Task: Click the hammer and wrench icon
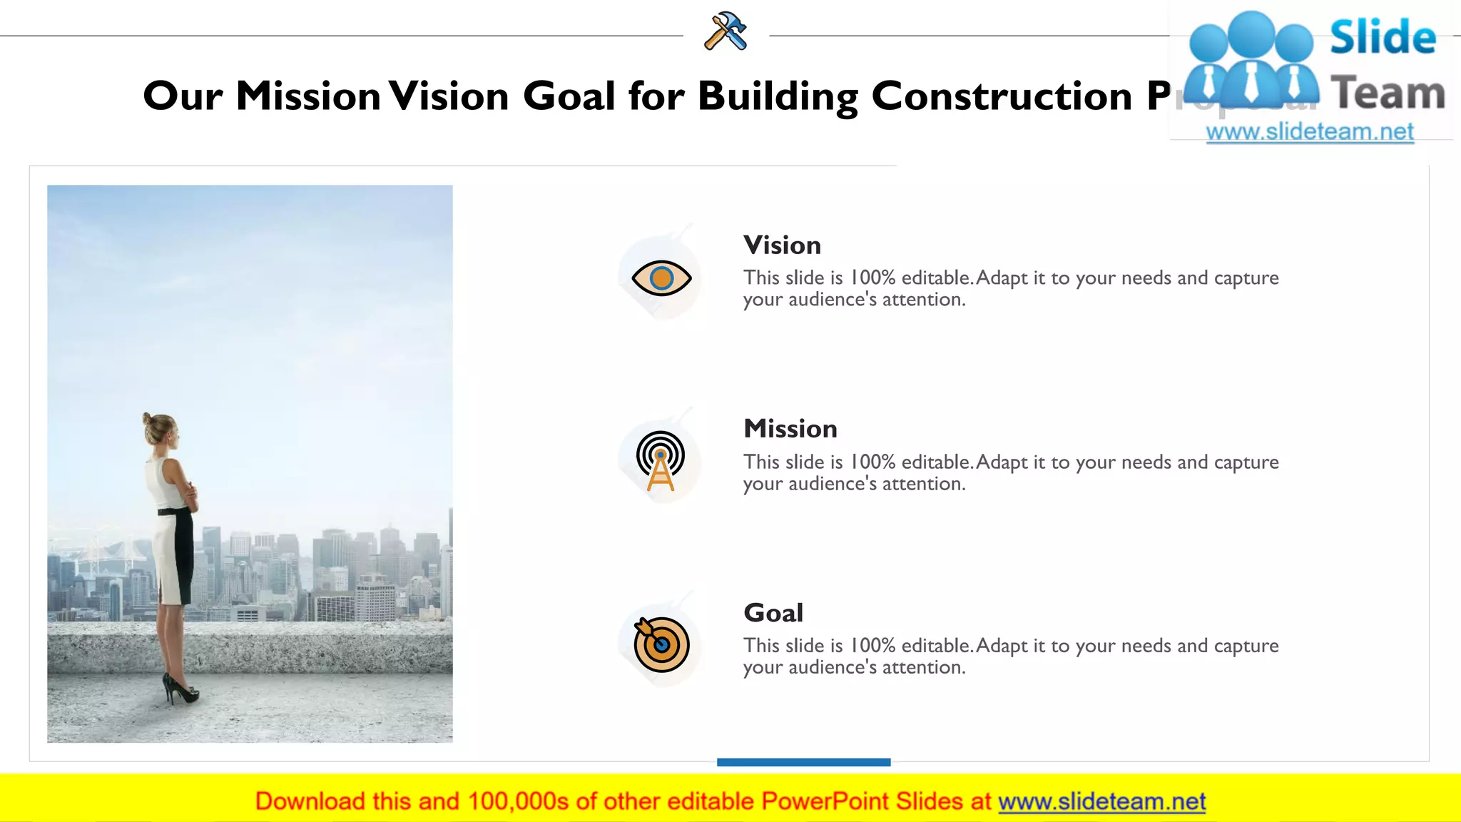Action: coord(726,31)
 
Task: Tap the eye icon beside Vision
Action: coord(661,278)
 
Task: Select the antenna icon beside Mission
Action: coord(661,460)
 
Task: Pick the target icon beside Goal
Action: coord(661,644)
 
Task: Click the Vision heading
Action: coord(782,245)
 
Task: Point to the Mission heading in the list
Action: coord(790,429)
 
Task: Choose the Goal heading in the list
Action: coord(773,613)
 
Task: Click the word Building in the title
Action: coord(778,96)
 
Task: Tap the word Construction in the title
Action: coord(1002,96)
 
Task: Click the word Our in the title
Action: coord(183,96)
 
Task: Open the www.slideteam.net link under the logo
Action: coord(1310,132)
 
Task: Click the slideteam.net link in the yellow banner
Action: coord(1101,802)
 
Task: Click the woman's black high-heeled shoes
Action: coord(181,689)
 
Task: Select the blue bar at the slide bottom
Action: coord(803,762)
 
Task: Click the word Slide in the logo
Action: coord(1383,37)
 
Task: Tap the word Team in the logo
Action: coord(1388,93)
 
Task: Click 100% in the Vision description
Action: coord(872,278)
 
